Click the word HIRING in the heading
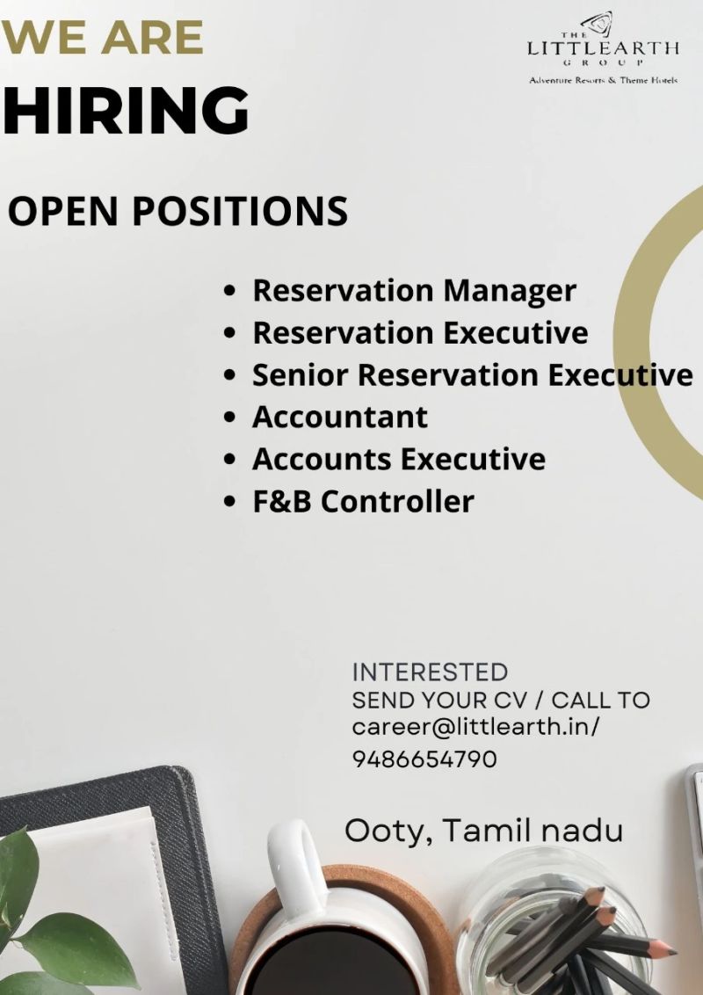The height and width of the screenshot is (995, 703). click(x=126, y=111)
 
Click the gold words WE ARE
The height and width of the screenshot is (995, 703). click(x=102, y=38)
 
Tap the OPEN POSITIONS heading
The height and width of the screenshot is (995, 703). click(x=178, y=211)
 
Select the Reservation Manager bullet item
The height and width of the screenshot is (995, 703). click(x=414, y=291)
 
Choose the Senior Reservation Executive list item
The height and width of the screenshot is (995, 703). click(x=473, y=375)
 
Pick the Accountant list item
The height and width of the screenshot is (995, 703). click(x=340, y=417)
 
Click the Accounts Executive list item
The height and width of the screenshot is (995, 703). click(x=399, y=459)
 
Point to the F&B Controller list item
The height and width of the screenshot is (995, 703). click(x=363, y=501)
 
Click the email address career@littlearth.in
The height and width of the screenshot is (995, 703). click(x=473, y=727)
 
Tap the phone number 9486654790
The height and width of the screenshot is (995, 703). click(x=424, y=759)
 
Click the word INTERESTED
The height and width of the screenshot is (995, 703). click(x=431, y=672)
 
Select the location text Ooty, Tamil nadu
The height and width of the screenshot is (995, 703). click(x=484, y=831)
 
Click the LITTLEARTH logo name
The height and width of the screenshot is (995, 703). click(x=604, y=48)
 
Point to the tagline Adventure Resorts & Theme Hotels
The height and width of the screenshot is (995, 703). click(x=604, y=81)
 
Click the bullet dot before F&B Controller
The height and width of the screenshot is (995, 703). click(x=230, y=501)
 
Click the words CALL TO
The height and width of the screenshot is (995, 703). click(x=601, y=700)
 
